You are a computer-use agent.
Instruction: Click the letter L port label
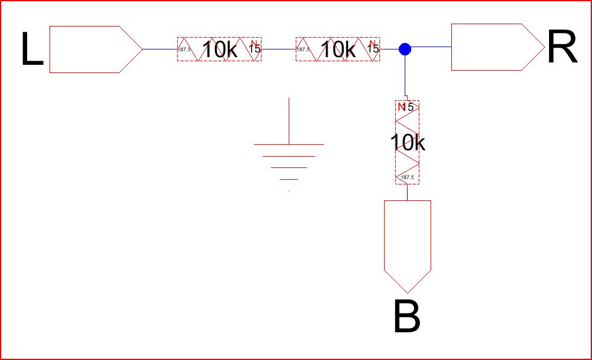pyautogui.click(x=32, y=50)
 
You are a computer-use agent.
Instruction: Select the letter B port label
pyautogui.click(x=406, y=318)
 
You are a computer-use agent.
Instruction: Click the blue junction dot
pyautogui.click(x=405, y=49)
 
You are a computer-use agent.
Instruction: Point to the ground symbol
pyautogui.click(x=289, y=153)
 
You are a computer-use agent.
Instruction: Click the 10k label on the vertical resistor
pyautogui.click(x=407, y=142)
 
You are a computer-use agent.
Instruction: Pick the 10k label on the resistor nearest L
pyautogui.click(x=220, y=50)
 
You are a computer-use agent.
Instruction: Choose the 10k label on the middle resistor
pyautogui.click(x=338, y=50)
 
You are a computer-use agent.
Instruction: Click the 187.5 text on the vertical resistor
pyautogui.click(x=407, y=177)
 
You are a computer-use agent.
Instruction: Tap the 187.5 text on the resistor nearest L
pyautogui.click(x=184, y=49)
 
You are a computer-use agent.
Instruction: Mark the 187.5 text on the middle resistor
pyautogui.click(x=302, y=49)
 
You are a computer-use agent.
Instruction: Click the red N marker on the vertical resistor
pyautogui.click(x=402, y=107)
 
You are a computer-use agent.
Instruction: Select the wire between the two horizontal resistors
pyautogui.click(x=277, y=49)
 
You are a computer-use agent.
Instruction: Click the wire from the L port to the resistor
pyautogui.click(x=160, y=49)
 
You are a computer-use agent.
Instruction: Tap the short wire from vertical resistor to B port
pyautogui.click(x=407, y=192)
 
